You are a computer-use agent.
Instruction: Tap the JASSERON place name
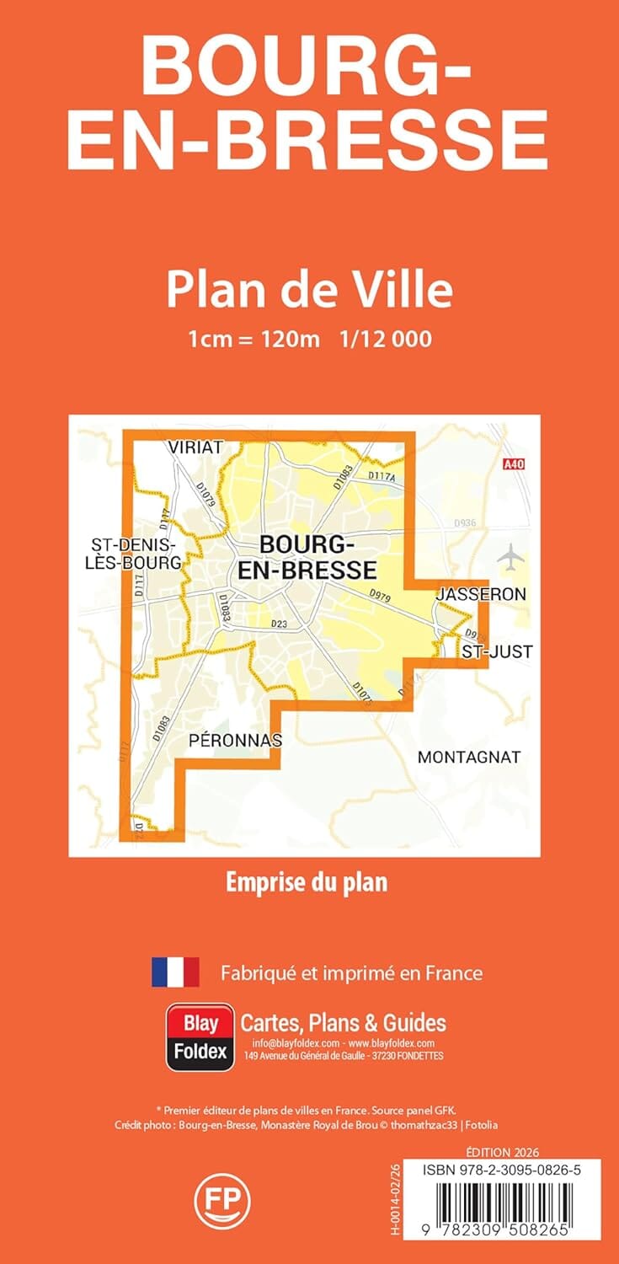click(x=481, y=594)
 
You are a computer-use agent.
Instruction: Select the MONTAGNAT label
click(x=469, y=757)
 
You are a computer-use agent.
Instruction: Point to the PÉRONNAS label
click(x=236, y=740)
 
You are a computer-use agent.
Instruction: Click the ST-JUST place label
click(x=497, y=651)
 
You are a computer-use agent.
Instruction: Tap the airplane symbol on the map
click(x=510, y=556)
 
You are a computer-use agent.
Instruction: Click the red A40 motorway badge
click(x=513, y=463)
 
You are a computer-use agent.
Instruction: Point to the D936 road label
click(x=466, y=523)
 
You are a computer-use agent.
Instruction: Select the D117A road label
click(x=382, y=477)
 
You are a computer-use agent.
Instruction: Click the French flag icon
click(x=175, y=972)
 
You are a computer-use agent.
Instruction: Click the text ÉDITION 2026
click(x=502, y=1152)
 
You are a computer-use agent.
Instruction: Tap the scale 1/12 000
click(x=387, y=339)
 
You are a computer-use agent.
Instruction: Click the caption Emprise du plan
click(x=307, y=882)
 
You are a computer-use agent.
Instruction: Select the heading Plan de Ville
click(x=309, y=290)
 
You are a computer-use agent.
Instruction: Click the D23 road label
click(x=280, y=624)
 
